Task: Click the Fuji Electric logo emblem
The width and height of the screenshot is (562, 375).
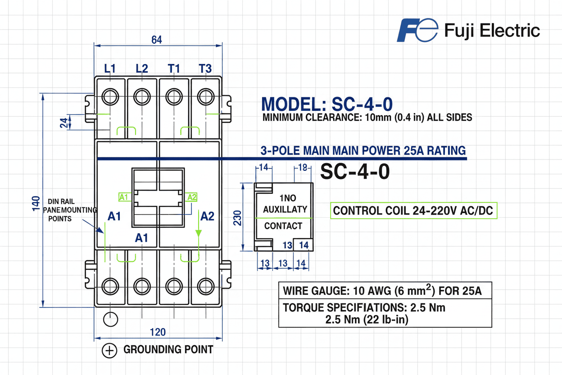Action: (x=417, y=31)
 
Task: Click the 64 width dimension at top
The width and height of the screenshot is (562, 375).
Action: (x=156, y=40)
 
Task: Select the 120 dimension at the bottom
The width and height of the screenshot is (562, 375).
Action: (x=157, y=332)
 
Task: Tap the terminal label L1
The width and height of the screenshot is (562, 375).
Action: (x=110, y=69)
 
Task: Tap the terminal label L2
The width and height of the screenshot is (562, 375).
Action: (x=141, y=69)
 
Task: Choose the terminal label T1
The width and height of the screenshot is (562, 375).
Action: (x=174, y=69)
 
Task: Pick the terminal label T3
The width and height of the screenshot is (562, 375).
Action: (x=205, y=69)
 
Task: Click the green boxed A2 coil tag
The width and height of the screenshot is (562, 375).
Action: (x=192, y=197)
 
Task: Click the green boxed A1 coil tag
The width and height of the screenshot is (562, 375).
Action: (x=124, y=197)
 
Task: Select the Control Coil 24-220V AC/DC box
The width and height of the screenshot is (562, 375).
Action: (x=414, y=210)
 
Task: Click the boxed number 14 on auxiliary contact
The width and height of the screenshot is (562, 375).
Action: (x=304, y=245)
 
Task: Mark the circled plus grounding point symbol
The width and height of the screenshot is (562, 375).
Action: (x=109, y=350)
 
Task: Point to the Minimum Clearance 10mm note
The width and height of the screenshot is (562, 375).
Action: (x=367, y=118)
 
